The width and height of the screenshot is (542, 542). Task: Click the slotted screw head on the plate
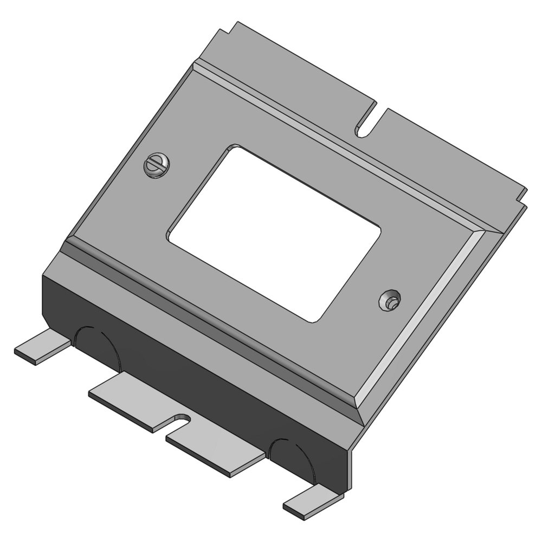point(157,166)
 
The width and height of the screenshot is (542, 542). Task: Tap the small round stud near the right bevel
point(390,300)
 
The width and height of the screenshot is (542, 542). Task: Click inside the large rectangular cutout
point(274,233)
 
